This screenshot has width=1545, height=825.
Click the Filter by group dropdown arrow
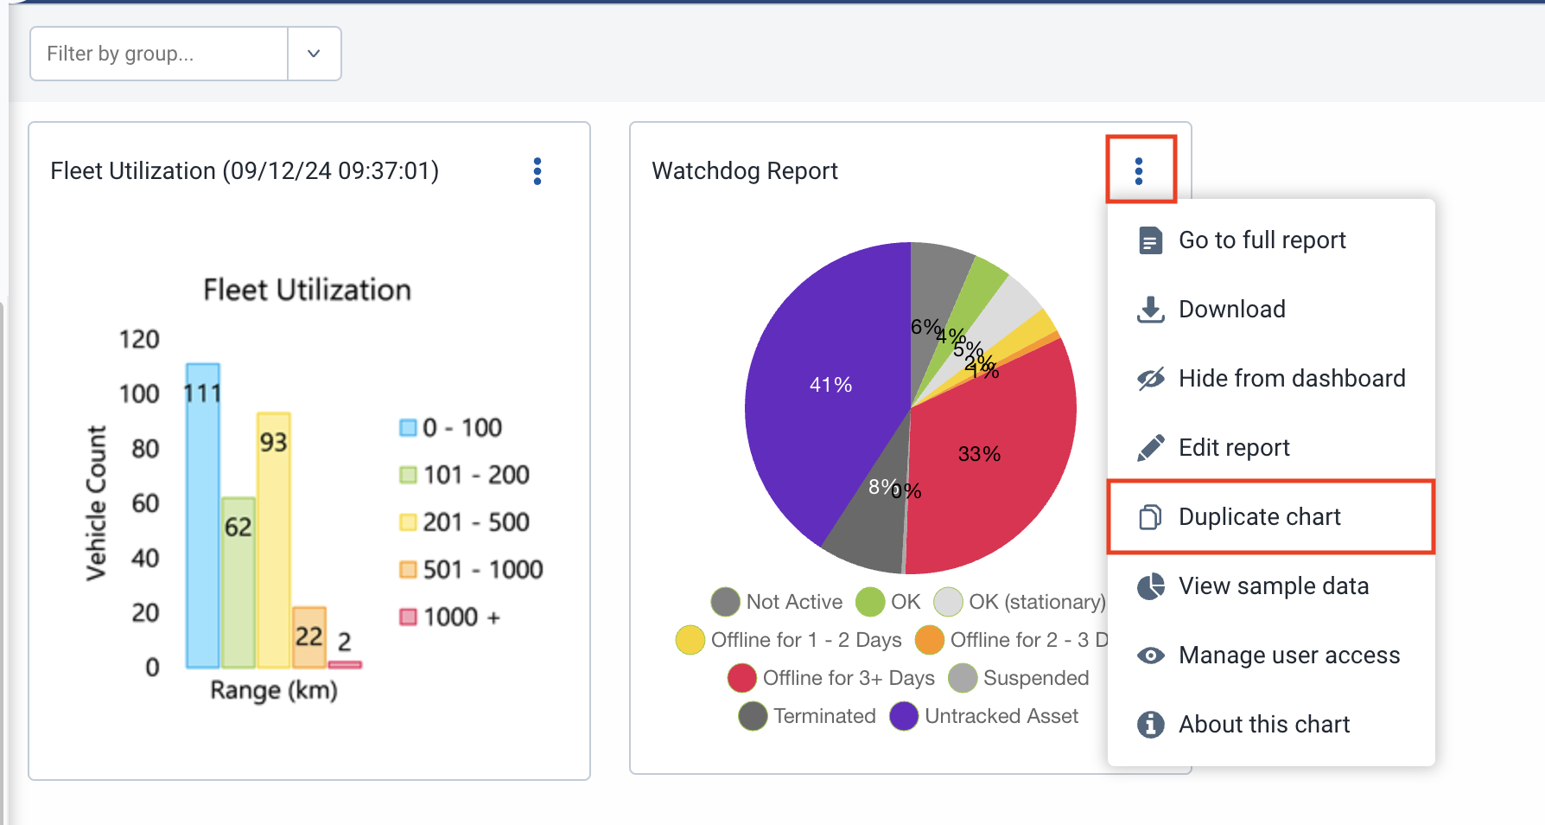pyautogui.click(x=314, y=54)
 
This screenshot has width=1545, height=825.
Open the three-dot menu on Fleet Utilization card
pyautogui.click(x=537, y=171)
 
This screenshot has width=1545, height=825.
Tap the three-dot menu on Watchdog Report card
pyautogui.click(x=1139, y=171)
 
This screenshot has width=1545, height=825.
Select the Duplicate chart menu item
pyautogui.click(x=1259, y=517)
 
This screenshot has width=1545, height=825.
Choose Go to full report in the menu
pyautogui.click(x=1262, y=240)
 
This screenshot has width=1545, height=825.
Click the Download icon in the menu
pyautogui.click(x=1150, y=310)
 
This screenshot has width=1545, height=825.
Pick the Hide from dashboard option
pyautogui.click(x=1291, y=379)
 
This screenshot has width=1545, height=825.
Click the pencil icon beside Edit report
pyautogui.click(x=1150, y=448)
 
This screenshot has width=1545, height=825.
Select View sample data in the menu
pyautogui.click(x=1273, y=586)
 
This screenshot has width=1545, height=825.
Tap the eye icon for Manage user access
pyautogui.click(x=1150, y=656)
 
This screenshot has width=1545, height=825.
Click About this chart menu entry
pyautogui.click(x=1263, y=725)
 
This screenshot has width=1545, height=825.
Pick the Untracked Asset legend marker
pyautogui.click(x=904, y=716)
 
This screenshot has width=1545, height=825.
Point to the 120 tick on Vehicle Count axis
pyautogui.click(x=139, y=339)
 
